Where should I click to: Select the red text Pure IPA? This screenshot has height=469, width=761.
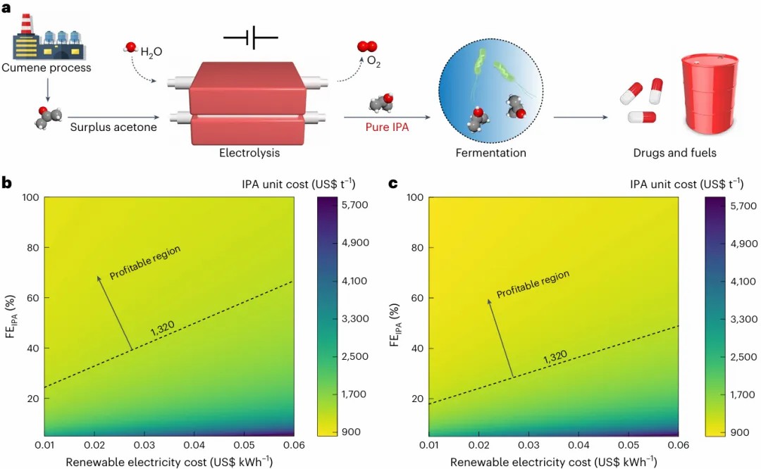click(386, 127)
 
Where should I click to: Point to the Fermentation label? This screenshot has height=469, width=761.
click(490, 152)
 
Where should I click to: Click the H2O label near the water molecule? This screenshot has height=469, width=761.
click(151, 51)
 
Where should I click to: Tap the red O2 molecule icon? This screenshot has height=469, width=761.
click(366, 46)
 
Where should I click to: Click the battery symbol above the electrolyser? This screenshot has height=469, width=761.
click(251, 39)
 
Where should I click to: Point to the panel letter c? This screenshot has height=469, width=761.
click(393, 184)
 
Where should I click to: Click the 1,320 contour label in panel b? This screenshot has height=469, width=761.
click(162, 327)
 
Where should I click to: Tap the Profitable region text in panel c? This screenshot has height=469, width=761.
click(533, 284)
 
